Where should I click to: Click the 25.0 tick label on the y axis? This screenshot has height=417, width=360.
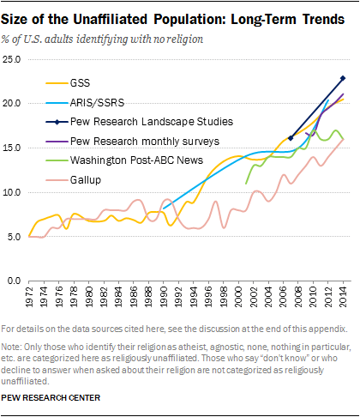(13, 58)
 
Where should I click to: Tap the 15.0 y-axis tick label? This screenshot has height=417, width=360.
(13, 148)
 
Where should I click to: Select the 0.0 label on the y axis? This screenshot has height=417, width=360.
(15, 281)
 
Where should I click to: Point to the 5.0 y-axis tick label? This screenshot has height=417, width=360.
(15, 236)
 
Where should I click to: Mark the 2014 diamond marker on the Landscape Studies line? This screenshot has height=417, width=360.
(343, 78)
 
